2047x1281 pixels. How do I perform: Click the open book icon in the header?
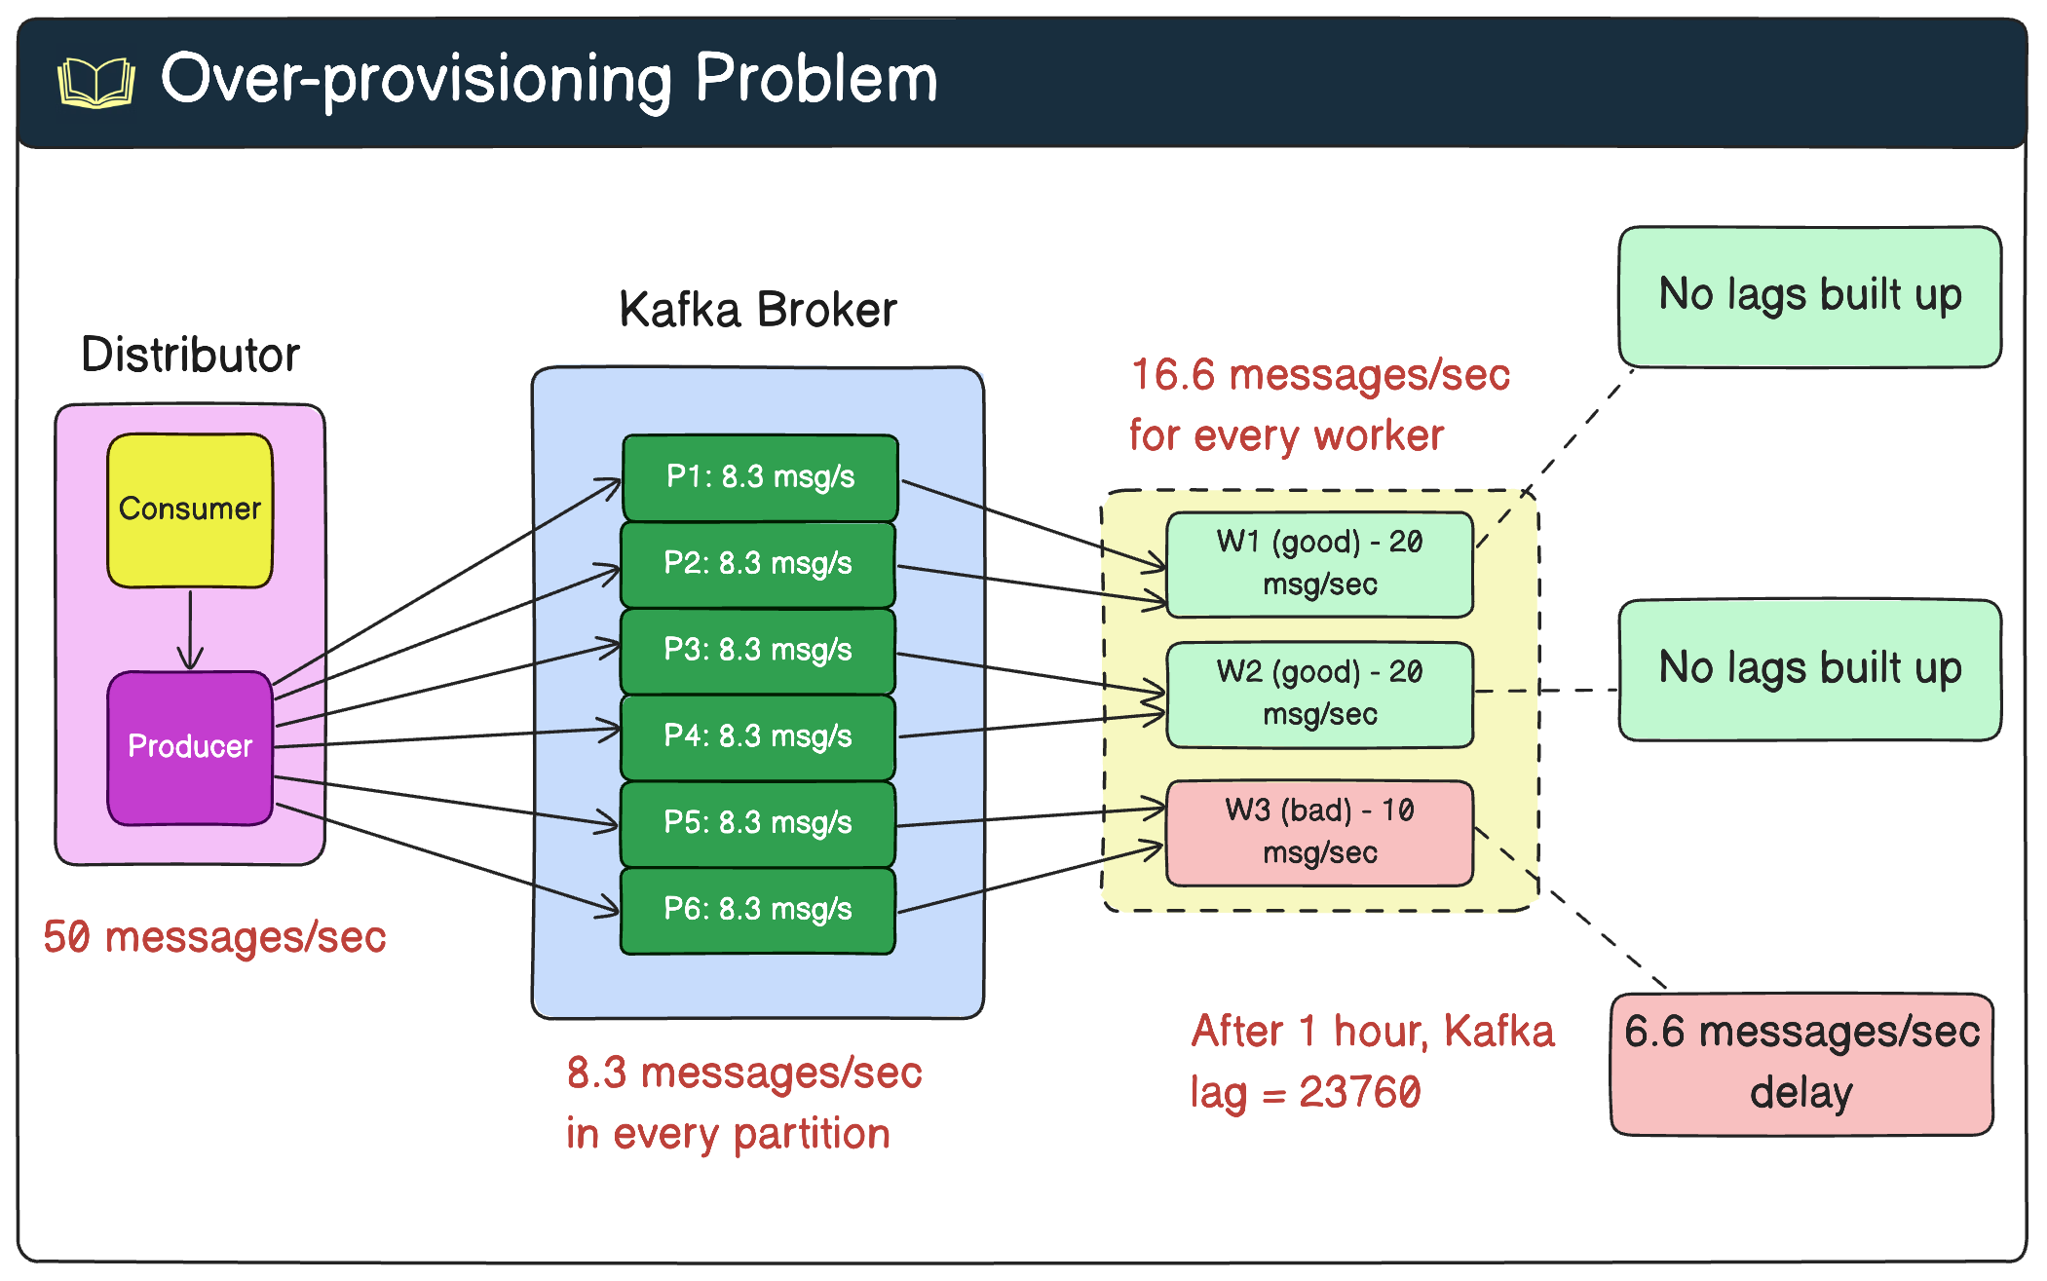tap(95, 82)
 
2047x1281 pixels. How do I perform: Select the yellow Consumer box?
tap(190, 509)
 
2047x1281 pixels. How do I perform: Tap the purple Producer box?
tap(190, 747)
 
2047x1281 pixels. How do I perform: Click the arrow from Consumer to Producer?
tap(190, 628)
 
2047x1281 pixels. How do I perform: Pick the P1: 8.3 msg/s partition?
tap(760, 477)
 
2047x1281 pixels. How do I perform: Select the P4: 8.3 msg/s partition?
tap(758, 736)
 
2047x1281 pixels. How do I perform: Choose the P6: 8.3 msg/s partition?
tap(758, 910)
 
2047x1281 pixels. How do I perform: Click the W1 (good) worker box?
tap(1319, 564)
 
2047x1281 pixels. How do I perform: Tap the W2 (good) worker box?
tap(1319, 694)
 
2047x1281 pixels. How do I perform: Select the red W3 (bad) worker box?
tap(1319, 832)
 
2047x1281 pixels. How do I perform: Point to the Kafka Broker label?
tap(757, 310)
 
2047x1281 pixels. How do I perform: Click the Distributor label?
tap(190, 355)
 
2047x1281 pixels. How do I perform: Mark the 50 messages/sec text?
tap(214, 937)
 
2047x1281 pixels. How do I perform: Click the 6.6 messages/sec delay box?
tap(1801, 1063)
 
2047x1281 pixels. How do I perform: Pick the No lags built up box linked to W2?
tap(1809, 669)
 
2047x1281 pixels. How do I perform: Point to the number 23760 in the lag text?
tap(1360, 1093)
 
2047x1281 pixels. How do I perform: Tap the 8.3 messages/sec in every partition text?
tap(743, 1104)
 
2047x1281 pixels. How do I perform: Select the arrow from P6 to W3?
tap(1031, 880)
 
